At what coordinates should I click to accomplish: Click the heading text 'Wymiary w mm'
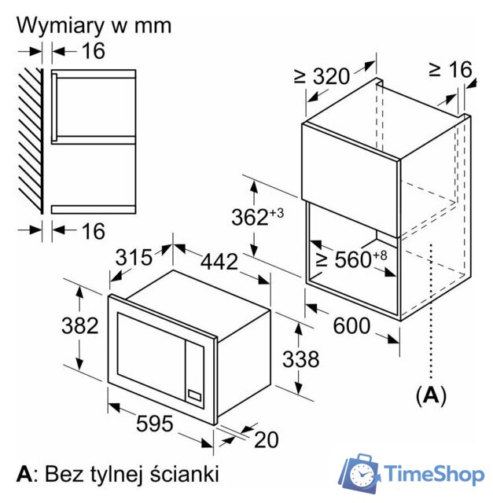click(94, 25)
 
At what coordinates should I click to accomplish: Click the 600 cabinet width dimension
click(350, 325)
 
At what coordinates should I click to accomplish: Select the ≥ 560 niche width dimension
click(347, 259)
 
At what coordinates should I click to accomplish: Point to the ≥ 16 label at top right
click(450, 70)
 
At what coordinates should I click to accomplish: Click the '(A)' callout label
click(430, 395)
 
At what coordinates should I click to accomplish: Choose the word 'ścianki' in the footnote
click(186, 474)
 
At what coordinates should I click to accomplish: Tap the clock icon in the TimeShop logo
click(362, 475)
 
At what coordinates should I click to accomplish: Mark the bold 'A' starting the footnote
click(24, 474)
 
